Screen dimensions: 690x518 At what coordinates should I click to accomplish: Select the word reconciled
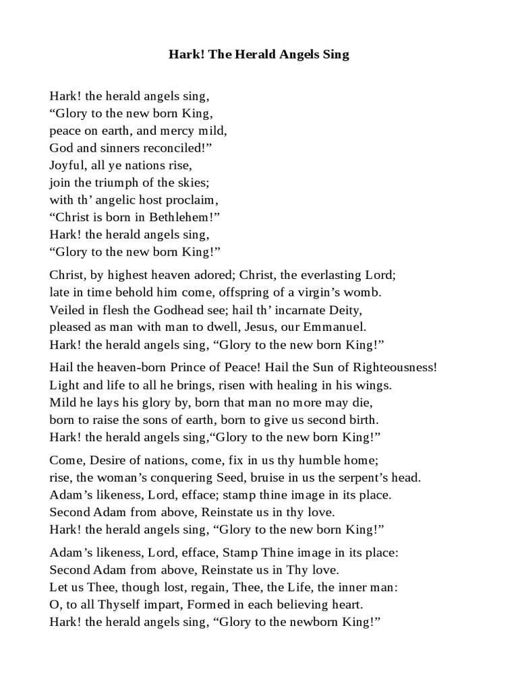(x=169, y=147)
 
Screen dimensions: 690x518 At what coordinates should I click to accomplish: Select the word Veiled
(x=66, y=310)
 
